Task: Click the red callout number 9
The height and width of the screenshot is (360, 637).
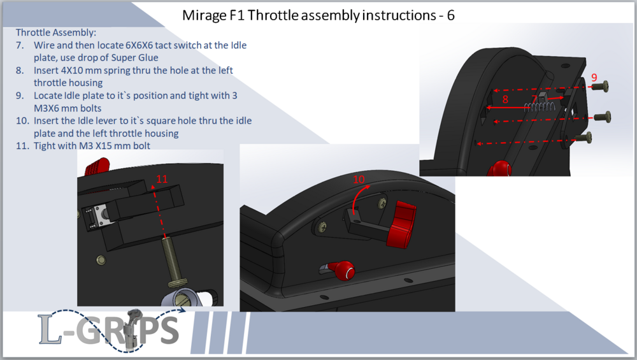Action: click(594, 77)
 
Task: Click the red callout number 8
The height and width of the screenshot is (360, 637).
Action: click(505, 99)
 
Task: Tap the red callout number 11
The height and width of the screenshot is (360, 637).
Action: click(162, 179)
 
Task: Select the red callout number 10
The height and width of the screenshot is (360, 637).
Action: click(359, 179)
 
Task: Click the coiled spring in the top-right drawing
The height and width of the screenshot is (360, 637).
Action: click(539, 107)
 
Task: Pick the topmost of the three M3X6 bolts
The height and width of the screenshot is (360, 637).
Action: click(601, 86)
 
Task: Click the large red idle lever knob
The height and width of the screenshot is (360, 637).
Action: click(401, 224)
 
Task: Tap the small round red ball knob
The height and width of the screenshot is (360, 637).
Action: click(345, 271)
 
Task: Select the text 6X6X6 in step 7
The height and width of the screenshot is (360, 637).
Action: click(139, 45)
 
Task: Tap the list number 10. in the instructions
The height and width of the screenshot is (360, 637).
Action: click(22, 120)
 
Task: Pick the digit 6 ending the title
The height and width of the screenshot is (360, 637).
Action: click(450, 15)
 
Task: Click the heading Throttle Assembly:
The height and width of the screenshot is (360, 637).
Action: click(56, 32)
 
